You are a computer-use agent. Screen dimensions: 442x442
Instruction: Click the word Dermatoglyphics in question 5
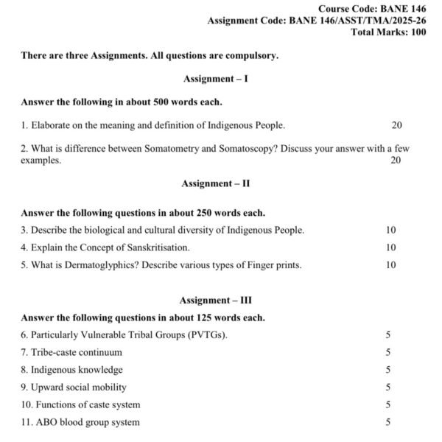coord(95,265)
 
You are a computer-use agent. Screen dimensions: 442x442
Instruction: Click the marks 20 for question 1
coord(397,126)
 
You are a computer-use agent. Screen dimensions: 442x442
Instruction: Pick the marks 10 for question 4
coord(391,248)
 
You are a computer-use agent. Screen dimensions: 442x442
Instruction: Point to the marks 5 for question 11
coord(388,422)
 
